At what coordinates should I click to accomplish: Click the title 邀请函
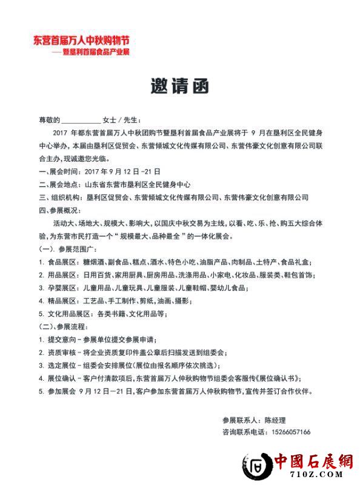[x=179, y=87]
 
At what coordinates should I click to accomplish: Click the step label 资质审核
[x=61, y=352]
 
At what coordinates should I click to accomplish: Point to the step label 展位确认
[x=61, y=378]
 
